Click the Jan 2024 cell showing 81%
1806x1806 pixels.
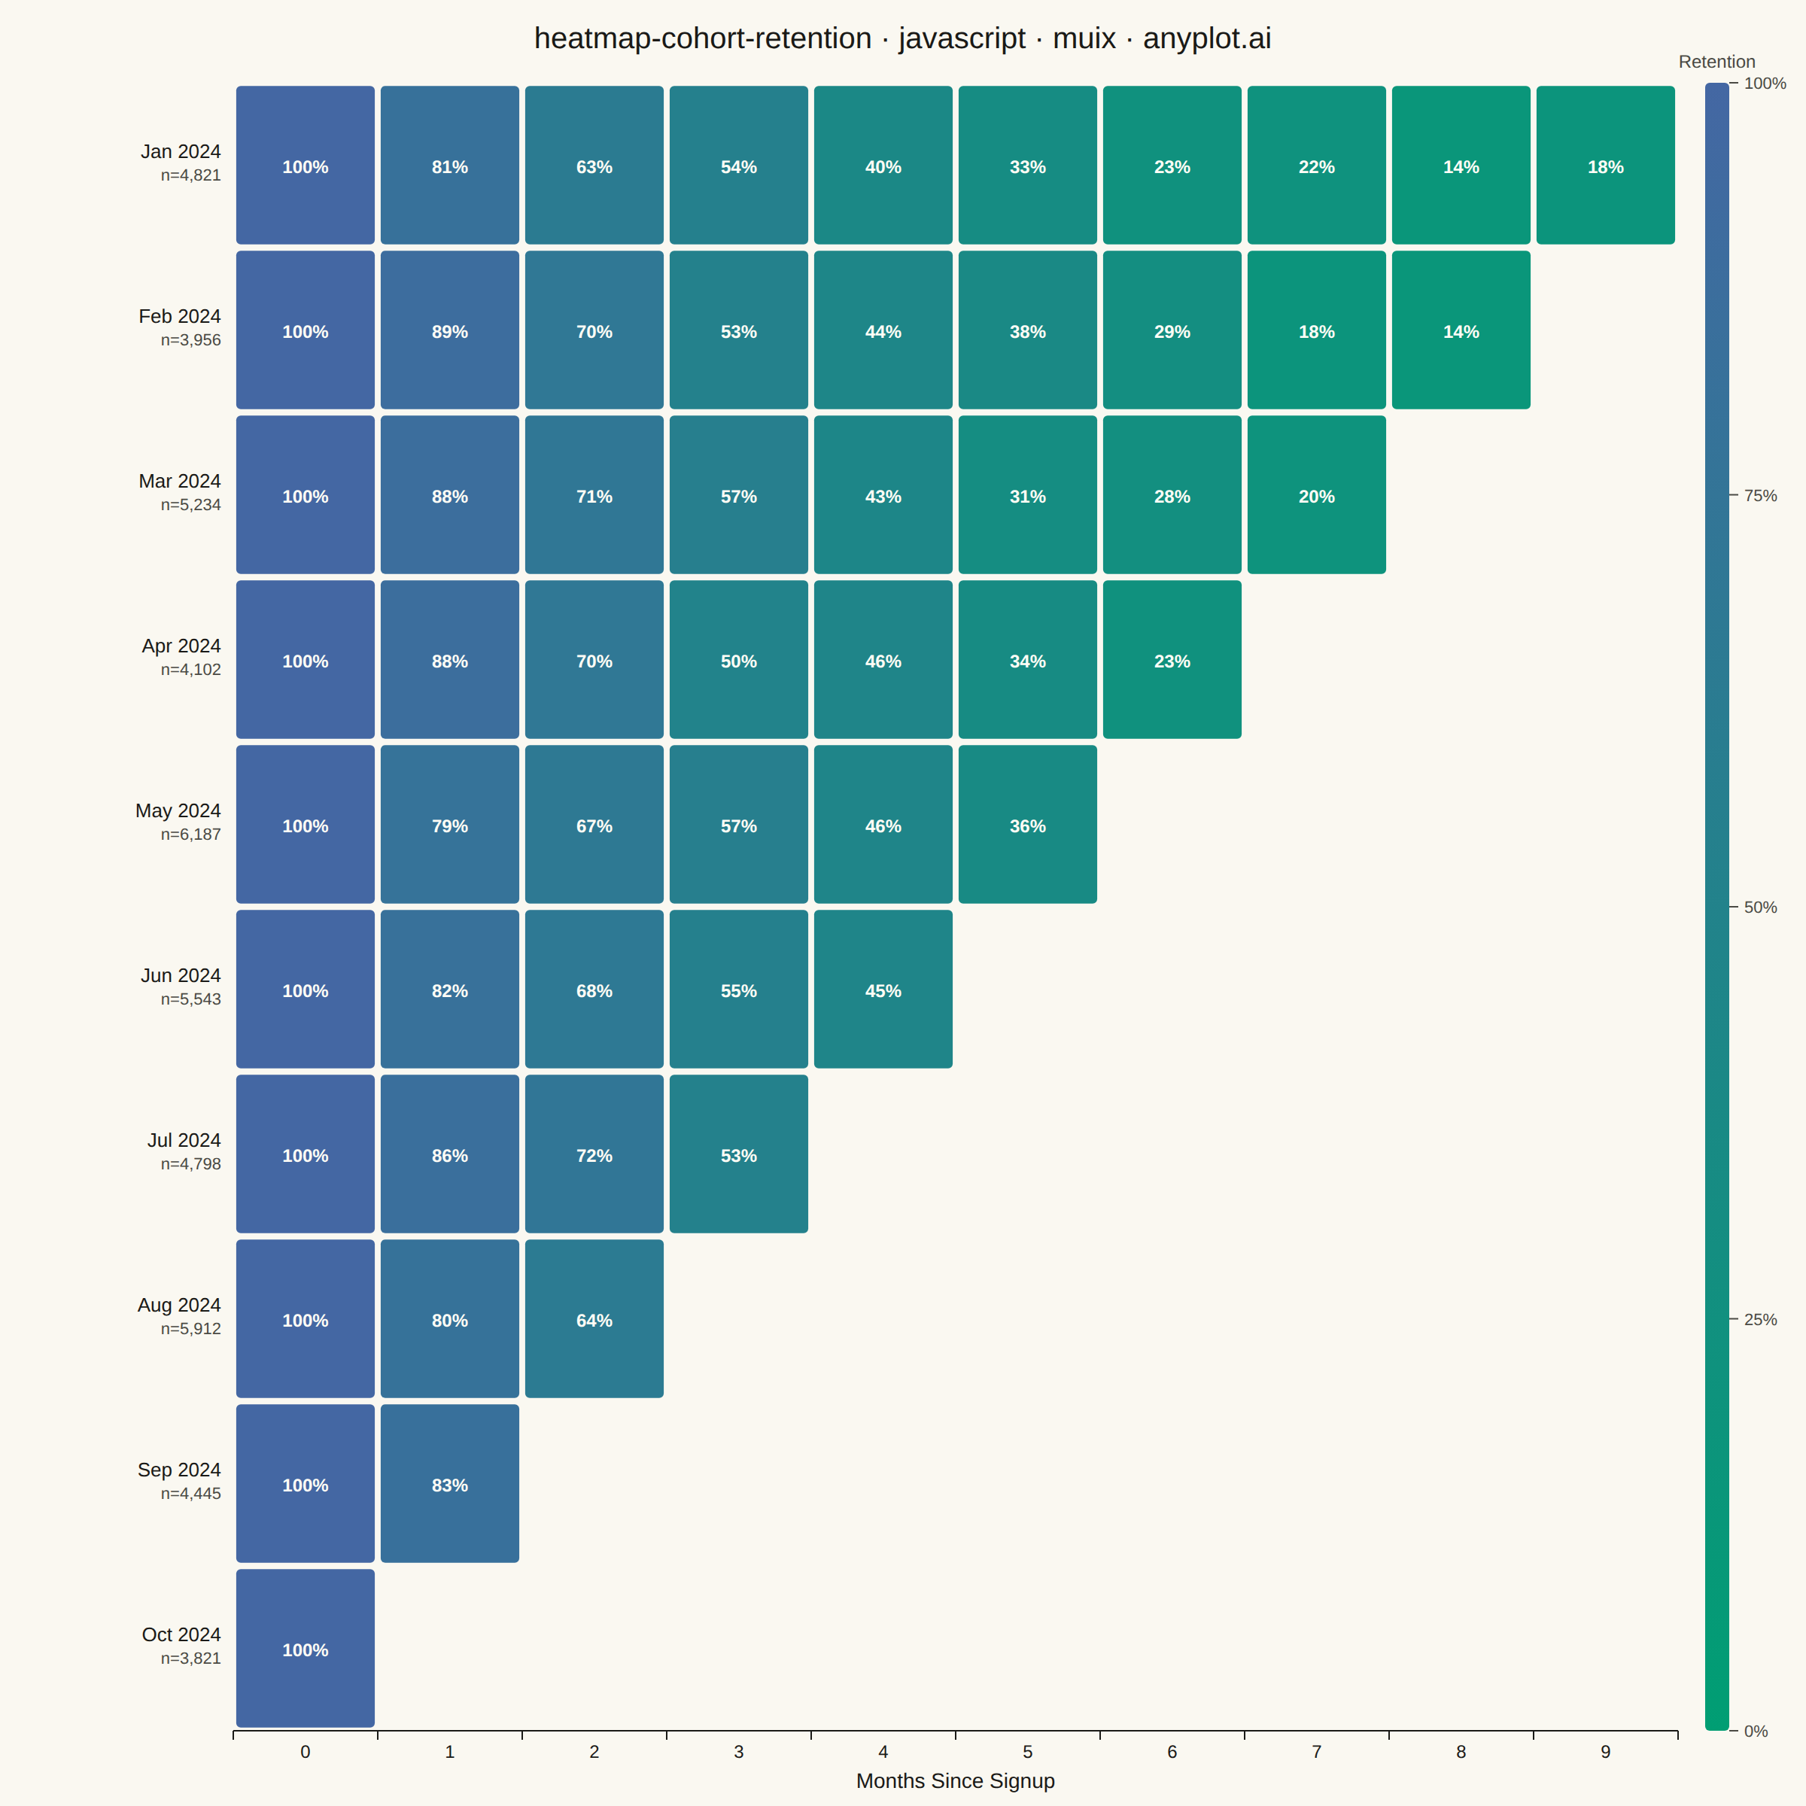(450, 166)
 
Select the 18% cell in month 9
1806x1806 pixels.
(1605, 166)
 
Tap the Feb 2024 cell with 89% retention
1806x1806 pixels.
(450, 330)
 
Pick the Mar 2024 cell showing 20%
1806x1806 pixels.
(1316, 494)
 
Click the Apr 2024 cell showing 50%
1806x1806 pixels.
(738, 660)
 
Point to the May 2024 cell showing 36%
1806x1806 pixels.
(1027, 825)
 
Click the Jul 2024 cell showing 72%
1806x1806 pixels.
(594, 1154)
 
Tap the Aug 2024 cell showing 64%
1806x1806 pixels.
(594, 1319)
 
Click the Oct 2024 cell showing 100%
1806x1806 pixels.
(306, 1648)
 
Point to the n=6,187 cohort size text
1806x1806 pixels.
(190, 835)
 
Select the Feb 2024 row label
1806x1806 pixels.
(180, 317)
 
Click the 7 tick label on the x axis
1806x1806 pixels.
(1316, 1752)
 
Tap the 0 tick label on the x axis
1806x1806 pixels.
(306, 1752)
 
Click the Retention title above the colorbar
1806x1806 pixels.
(1716, 62)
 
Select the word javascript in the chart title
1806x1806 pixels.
(962, 39)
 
